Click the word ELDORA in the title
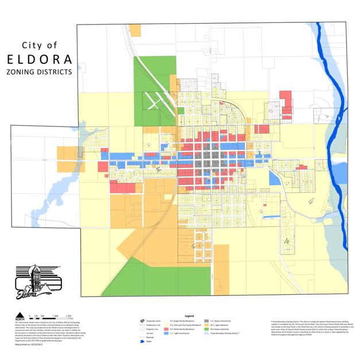click(40, 59)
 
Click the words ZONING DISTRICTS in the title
click(40, 73)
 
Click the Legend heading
click(189, 316)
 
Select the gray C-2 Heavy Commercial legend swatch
click(206, 321)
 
